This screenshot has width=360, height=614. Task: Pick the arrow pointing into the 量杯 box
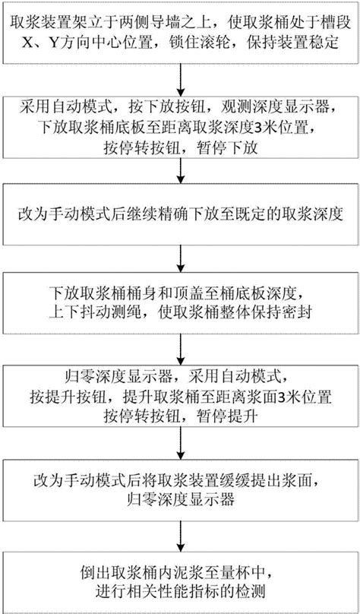click(x=180, y=536)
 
